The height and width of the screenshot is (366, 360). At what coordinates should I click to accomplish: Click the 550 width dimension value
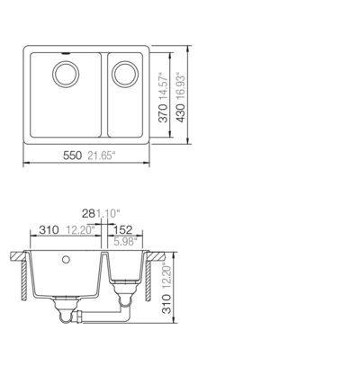tap(72, 156)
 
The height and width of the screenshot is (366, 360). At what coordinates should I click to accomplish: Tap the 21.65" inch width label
tap(102, 156)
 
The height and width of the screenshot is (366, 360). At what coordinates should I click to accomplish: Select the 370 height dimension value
tap(163, 113)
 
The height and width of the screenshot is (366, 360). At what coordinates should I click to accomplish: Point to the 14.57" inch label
tap(163, 86)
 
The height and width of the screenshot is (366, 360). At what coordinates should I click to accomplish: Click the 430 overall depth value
tap(181, 113)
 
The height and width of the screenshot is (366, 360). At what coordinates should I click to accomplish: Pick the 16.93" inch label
tap(181, 86)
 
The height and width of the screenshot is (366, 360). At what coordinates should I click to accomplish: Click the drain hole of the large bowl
tap(66, 74)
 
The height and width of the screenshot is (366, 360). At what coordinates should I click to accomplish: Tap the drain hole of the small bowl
tap(125, 74)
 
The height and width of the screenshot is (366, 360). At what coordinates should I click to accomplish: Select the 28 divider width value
tap(88, 214)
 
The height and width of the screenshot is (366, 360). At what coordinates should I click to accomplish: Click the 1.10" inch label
tap(108, 214)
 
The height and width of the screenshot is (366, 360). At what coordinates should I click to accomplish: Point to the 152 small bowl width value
tap(122, 230)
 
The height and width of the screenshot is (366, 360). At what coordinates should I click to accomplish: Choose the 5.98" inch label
tap(125, 242)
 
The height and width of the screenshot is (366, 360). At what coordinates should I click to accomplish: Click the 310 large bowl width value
tap(49, 230)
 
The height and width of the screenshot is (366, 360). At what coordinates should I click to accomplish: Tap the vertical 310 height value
tap(166, 304)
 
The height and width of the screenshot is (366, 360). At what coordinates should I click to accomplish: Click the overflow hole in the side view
tap(66, 260)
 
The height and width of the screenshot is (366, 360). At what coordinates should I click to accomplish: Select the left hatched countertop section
tap(17, 256)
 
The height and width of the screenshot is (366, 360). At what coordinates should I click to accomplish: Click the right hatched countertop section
tap(156, 256)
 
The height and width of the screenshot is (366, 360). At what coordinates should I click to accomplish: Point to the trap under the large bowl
tap(66, 312)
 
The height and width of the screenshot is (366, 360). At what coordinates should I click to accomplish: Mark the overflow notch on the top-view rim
tap(66, 54)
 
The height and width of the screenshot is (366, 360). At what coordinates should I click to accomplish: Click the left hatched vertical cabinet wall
tap(24, 281)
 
